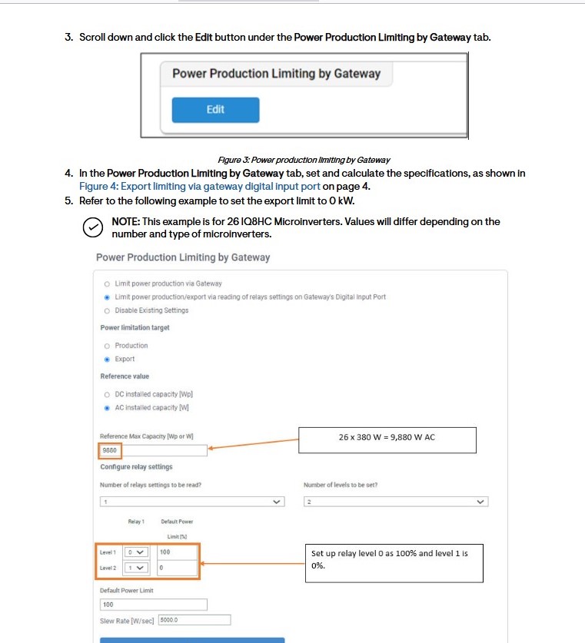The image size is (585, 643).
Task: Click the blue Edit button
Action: click(215, 110)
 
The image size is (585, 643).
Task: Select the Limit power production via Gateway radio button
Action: click(107, 283)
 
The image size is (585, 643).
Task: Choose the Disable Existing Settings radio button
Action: click(107, 310)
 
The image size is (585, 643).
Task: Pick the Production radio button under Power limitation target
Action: click(107, 346)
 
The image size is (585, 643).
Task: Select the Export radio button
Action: click(107, 359)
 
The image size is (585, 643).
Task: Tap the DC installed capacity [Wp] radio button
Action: click(107, 394)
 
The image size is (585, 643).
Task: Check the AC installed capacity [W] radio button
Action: click(107, 408)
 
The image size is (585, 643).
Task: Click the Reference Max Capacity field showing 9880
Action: click(154, 451)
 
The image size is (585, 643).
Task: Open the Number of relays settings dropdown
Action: click(192, 502)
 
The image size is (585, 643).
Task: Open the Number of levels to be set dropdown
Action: click(396, 502)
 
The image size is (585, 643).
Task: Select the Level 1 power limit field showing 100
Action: click(177, 552)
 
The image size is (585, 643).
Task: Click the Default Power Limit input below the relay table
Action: click(154, 605)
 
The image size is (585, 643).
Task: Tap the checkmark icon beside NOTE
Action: click(92, 227)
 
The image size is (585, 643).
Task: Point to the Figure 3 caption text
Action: click(304, 160)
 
